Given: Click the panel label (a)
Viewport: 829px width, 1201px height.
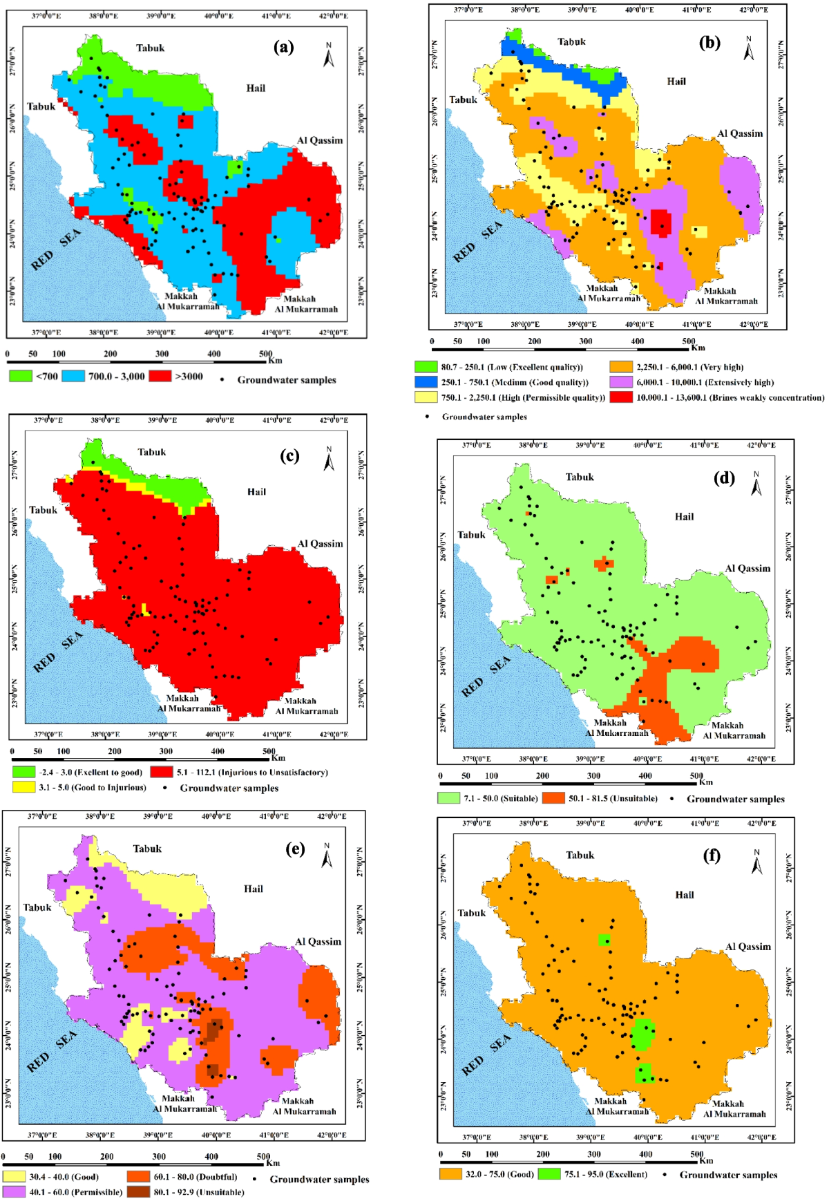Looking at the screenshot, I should (283, 47).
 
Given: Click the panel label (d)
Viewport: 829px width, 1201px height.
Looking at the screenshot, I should (724, 477).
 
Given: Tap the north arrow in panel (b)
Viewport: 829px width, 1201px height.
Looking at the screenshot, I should (748, 49).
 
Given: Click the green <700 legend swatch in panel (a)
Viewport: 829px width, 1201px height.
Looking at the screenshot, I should (21, 376).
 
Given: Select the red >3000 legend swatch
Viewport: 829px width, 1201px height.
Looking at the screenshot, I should (160, 376).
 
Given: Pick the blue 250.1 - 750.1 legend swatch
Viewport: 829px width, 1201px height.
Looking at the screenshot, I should (426, 382).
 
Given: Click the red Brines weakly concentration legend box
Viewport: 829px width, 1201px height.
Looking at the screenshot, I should (621, 397).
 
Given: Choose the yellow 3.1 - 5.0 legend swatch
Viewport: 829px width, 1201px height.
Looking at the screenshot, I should (23, 787).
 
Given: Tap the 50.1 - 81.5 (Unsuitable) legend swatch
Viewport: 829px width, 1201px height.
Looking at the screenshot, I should (553, 798).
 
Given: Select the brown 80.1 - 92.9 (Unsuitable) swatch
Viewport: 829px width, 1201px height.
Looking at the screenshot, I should (138, 1192).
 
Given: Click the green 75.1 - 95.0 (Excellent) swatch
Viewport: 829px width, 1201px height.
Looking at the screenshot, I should (549, 1174).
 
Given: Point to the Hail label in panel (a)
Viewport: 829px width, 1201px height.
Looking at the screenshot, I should (256, 88).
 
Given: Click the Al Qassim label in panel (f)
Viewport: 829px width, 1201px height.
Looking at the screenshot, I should (747, 947).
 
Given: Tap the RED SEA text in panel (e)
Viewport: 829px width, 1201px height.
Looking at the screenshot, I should (52, 1051).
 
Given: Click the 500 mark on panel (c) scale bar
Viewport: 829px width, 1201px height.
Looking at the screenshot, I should (269, 751).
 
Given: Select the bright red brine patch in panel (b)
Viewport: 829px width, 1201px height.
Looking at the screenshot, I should (660, 223).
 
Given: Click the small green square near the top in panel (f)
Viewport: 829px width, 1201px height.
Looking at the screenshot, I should (604, 940).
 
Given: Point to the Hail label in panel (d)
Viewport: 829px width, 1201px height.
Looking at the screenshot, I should (684, 516).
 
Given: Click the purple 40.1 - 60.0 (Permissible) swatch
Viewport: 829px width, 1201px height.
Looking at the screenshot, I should (14, 1192).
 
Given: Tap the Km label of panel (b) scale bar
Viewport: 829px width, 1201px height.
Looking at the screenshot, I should (698, 348).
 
